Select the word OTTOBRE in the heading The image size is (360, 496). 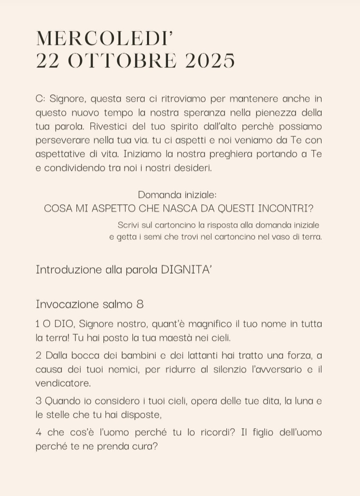(x=122, y=61)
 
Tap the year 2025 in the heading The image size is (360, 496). (x=209, y=61)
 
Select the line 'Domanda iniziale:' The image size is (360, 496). (x=177, y=195)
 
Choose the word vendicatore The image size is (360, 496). (x=63, y=383)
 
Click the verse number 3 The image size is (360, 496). (x=38, y=401)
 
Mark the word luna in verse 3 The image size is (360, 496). (x=301, y=401)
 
